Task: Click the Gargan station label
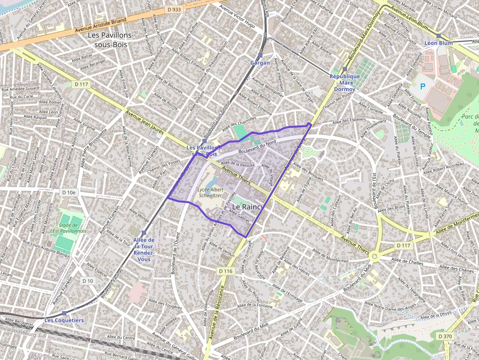(x=260, y=63)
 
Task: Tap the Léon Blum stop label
(x=438, y=43)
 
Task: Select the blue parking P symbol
(x=423, y=86)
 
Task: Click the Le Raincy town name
(x=247, y=207)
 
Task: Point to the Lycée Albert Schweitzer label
(x=210, y=192)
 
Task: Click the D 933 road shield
(x=174, y=9)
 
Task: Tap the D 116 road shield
(x=225, y=271)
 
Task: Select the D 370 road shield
(x=445, y=336)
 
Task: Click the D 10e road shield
(x=69, y=192)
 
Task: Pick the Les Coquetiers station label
(x=64, y=320)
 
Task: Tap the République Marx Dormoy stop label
(x=345, y=83)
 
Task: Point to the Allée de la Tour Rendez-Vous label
(x=144, y=249)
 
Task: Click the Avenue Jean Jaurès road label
(x=145, y=122)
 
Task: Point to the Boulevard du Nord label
(x=257, y=148)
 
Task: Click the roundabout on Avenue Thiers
(x=375, y=255)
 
